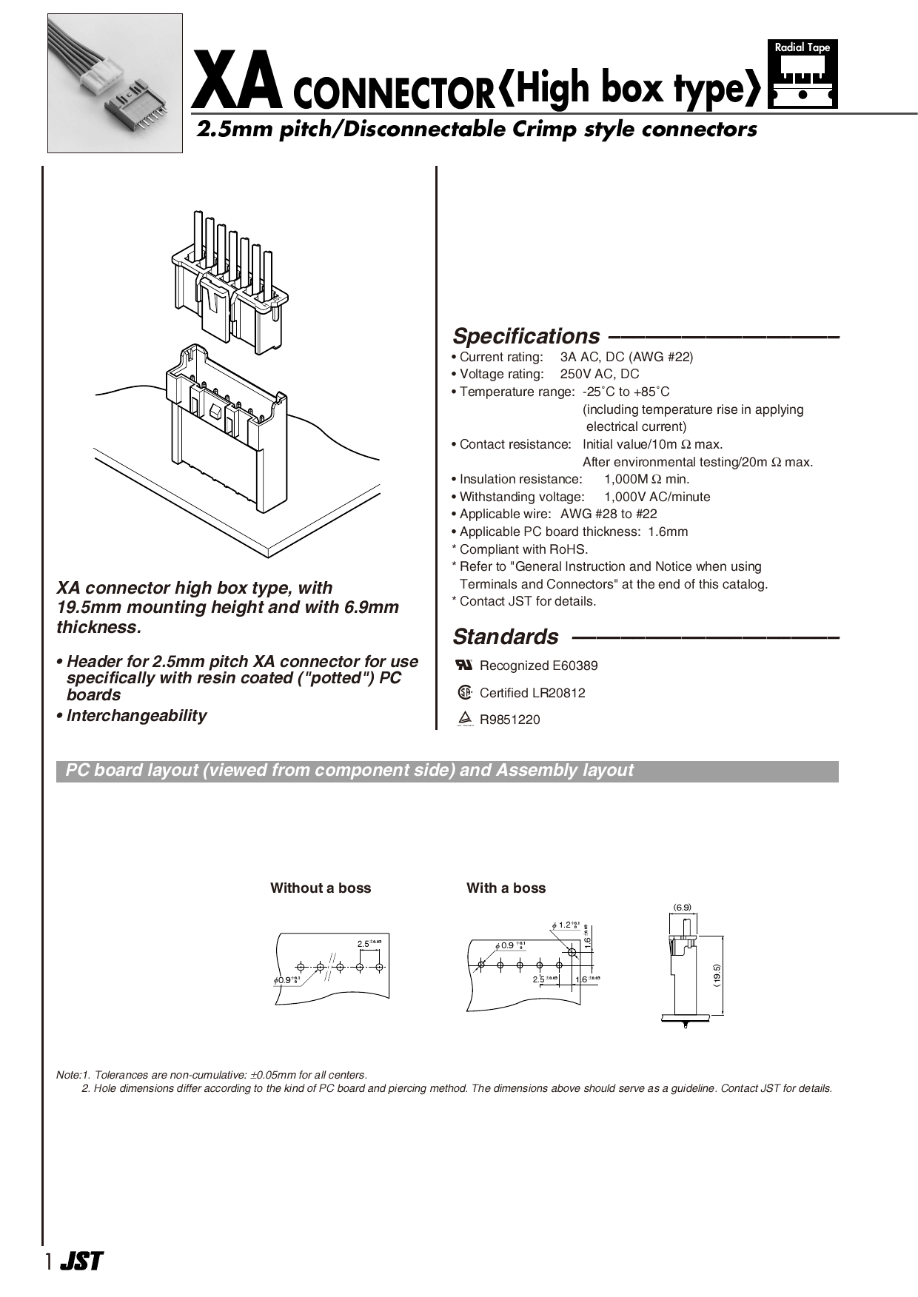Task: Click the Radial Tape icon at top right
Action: (x=803, y=75)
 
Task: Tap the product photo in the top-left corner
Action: (x=115, y=83)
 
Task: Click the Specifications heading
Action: (x=526, y=336)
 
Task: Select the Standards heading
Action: (x=506, y=637)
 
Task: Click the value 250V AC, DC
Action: (x=599, y=375)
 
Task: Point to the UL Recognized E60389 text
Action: (x=538, y=666)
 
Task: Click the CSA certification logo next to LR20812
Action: (x=464, y=693)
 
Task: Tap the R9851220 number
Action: (x=509, y=720)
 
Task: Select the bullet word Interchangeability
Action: (x=136, y=716)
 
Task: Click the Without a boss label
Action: (x=321, y=888)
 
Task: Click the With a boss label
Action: (x=506, y=888)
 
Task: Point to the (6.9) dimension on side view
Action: (x=682, y=907)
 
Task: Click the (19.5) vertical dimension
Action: (x=717, y=975)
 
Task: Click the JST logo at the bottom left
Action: (x=81, y=1261)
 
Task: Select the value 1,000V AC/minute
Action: (x=657, y=497)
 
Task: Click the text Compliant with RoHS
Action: (x=523, y=549)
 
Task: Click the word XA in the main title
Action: (x=237, y=87)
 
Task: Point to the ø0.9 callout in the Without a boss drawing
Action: (x=287, y=979)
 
